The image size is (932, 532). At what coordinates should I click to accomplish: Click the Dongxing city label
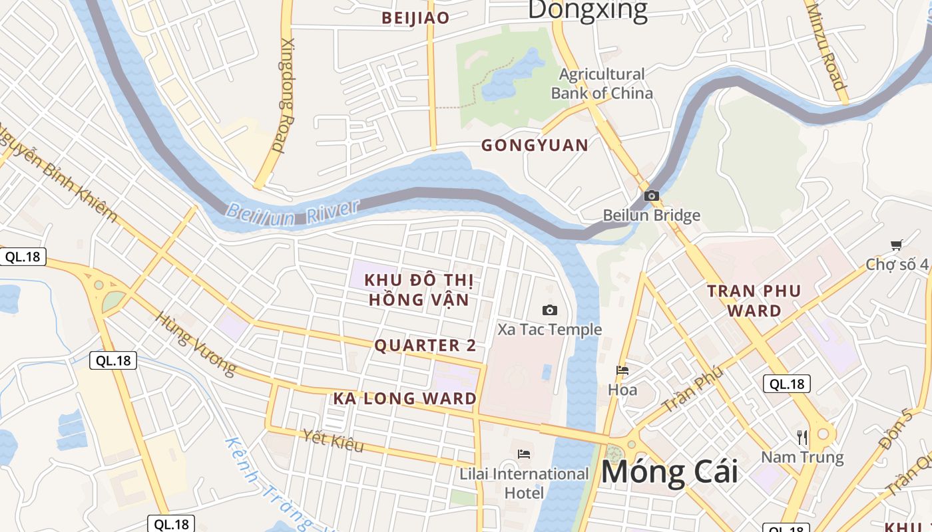pyautogui.click(x=587, y=9)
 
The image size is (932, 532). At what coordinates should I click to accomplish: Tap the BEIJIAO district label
pyautogui.click(x=415, y=18)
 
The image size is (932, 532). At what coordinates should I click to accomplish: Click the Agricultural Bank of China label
pyautogui.click(x=602, y=83)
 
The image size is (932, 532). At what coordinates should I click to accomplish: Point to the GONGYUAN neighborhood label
pyautogui.click(x=535, y=145)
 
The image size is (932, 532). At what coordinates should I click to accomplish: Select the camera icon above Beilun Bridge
pyautogui.click(x=652, y=196)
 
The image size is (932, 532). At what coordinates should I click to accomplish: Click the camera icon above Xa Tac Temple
pyautogui.click(x=550, y=310)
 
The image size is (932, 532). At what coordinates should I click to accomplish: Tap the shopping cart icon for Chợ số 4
pyautogui.click(x=896, y=245)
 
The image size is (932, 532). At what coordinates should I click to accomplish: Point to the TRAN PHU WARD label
pyautogui.click(x=754, y=301)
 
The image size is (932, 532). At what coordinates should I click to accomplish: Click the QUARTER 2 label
pyautogui.click(x=425, y=345)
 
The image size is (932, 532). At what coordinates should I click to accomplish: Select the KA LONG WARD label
pyautogui.click(x=405, y=398)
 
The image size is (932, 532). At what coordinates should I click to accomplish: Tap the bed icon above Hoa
pyautogui.click(x=622, y=370)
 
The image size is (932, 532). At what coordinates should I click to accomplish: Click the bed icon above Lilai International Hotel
pyautogui.click(x=524, y=454)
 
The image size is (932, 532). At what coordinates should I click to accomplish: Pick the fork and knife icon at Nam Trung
pyautogui.click(x=802, y=437)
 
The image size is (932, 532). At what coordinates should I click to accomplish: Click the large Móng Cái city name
pyautogui.click(x=669, y=471)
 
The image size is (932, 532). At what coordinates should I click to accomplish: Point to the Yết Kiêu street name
pyautogui.click(x=333, y=440)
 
